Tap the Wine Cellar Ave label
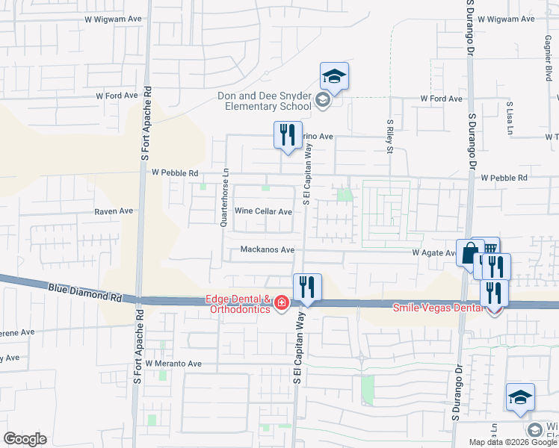(264, 211)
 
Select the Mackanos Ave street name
(268, 250)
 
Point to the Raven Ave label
(113, 211)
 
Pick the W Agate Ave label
(433, 253)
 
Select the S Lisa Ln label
(509, 116)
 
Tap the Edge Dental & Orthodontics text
(239, 305)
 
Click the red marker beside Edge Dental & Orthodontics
(282, 303)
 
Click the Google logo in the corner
(25, 439)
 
